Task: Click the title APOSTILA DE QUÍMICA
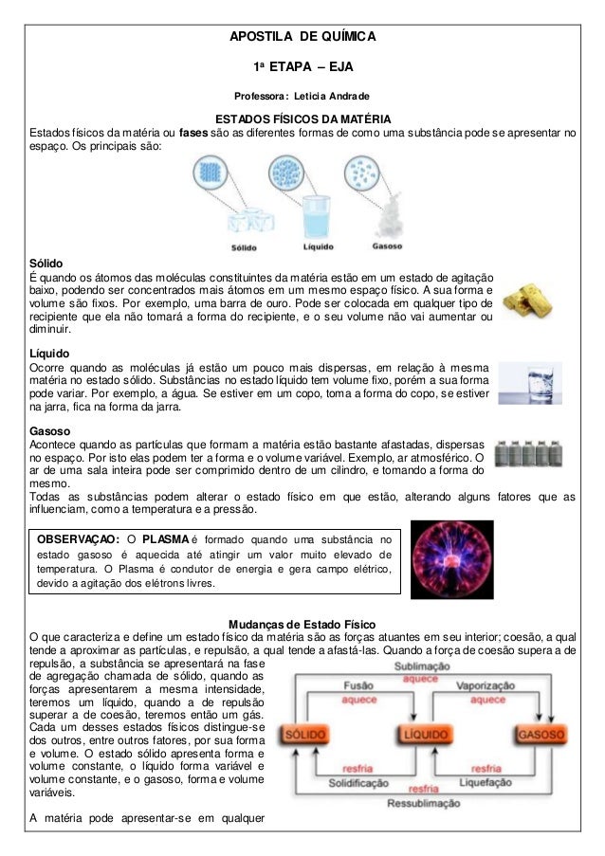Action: coord(303,37)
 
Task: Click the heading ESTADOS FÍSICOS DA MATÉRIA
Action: coord(302,119)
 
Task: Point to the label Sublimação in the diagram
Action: coord(421,666)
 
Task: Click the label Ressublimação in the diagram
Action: coord(423,802)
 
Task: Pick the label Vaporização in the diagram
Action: coord(486,685)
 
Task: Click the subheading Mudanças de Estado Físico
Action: coord(302,625)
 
